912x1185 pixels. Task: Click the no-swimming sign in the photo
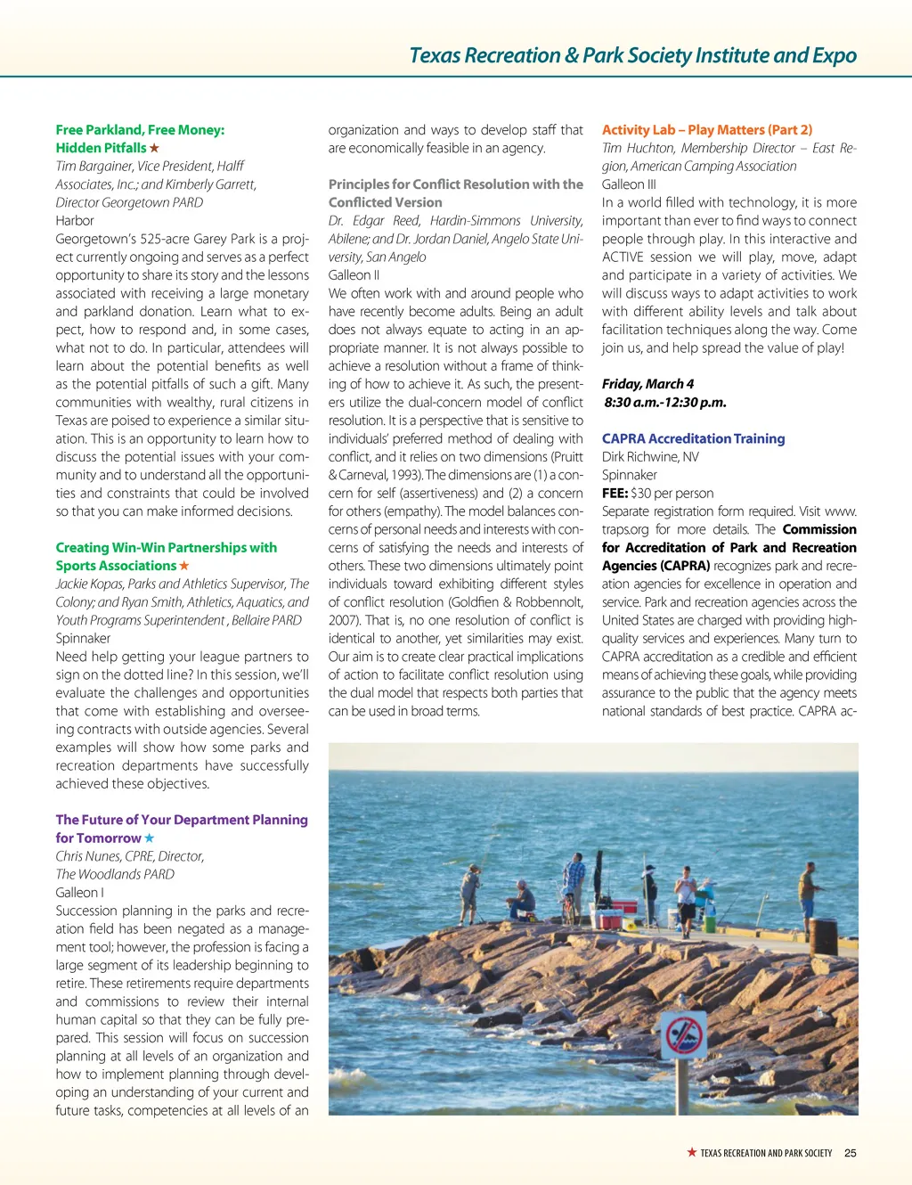[x=684, y=1036]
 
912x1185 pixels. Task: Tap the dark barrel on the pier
[x=823, y=936]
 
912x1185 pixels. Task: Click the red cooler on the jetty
[x=609, y=919]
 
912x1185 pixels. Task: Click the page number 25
[x=851, y=1153]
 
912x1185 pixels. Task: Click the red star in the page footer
[x=691, y=1152]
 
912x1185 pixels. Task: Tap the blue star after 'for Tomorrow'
[x=149, y=838]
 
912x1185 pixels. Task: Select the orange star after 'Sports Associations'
[x=184, y=566]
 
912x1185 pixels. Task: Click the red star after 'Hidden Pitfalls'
[x=154, y=148]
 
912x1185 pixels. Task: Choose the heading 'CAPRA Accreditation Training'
[x=693, y=438]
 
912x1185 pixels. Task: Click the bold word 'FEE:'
[x=615, y=493]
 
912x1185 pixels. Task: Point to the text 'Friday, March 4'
[x=647, y=384]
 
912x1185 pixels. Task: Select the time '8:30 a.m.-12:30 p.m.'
[x=665, y=402]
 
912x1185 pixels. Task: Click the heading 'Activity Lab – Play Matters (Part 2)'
[x=707, y=129]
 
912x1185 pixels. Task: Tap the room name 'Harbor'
[x=75, y=220]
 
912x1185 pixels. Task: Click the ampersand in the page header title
[x=571, y=55]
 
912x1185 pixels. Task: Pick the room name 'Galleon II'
[x=354, y=274]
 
